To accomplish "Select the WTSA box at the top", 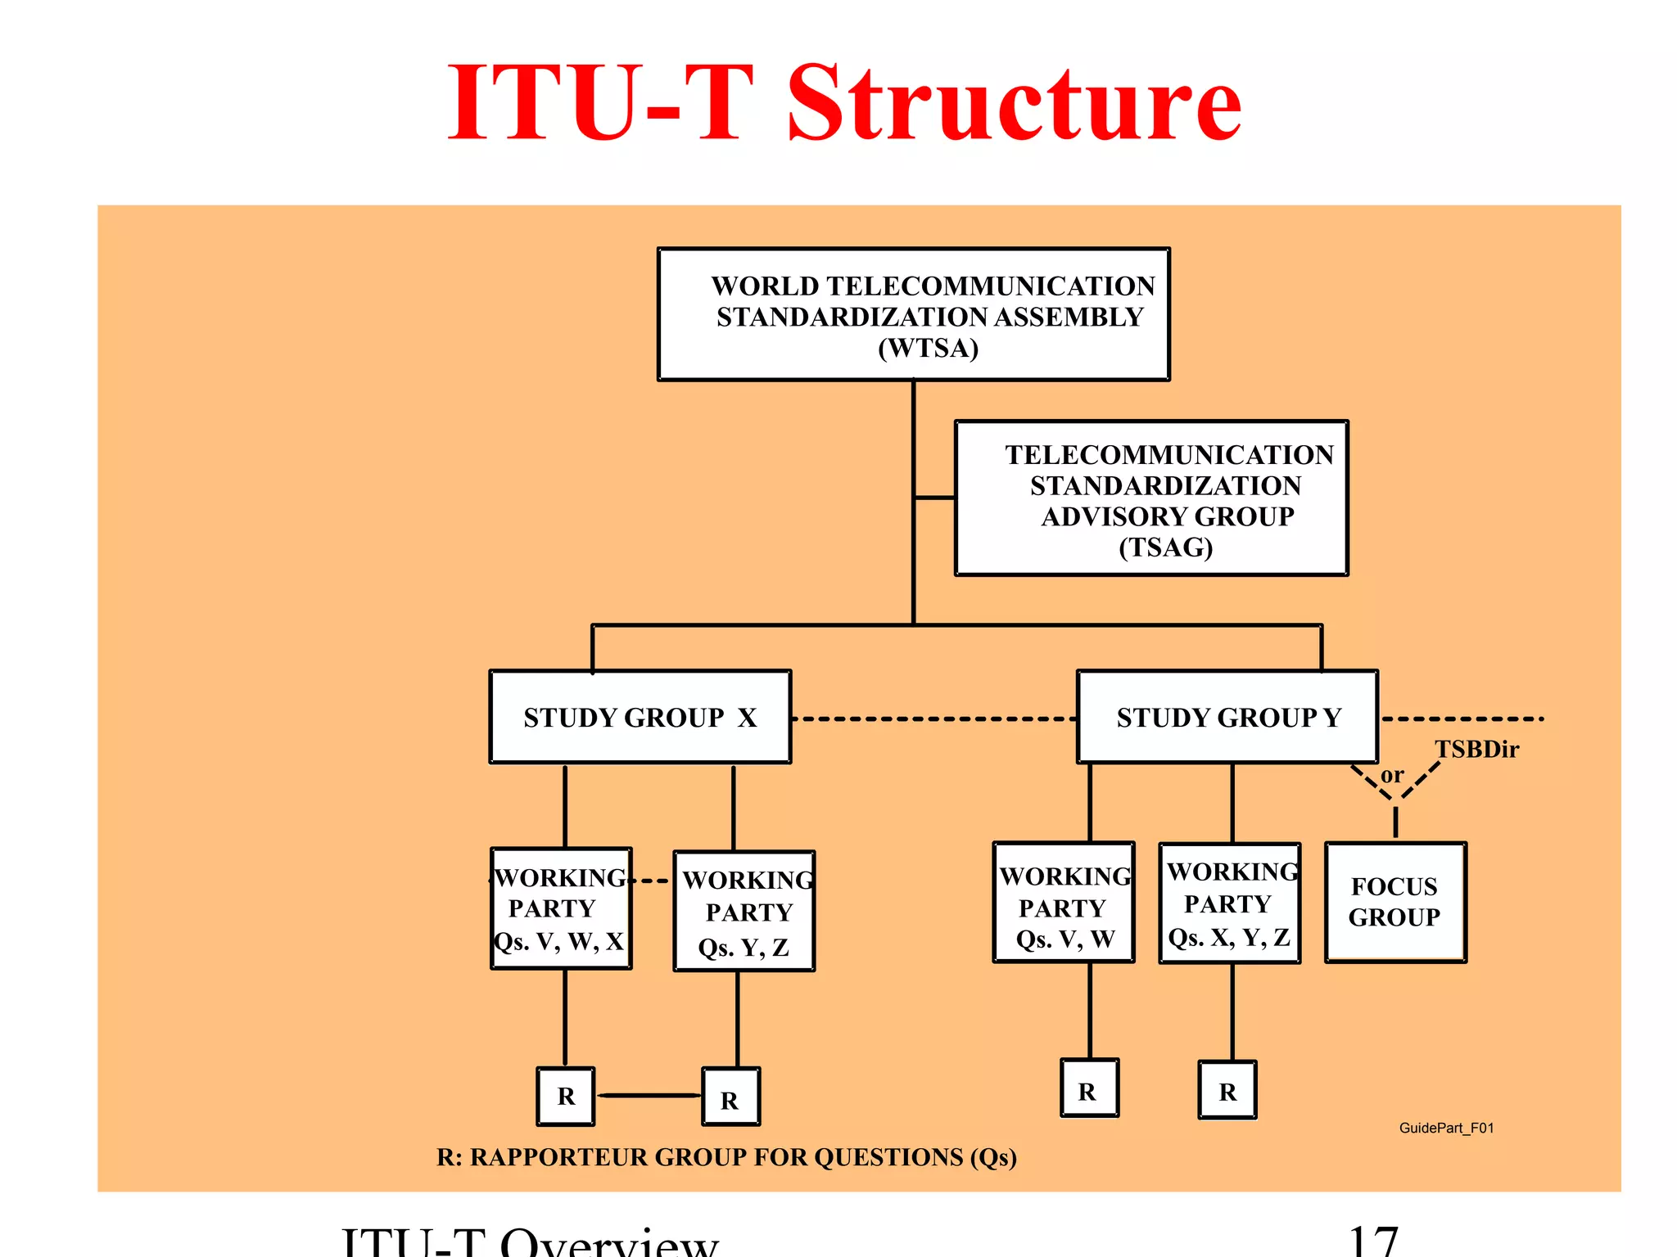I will [x=913, y=315].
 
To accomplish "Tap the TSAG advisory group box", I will [x=1150, y=498].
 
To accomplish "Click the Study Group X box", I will [x=640, y=717].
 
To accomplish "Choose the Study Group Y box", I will [x=1227, y=717].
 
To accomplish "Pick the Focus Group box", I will [x=1394, y=902].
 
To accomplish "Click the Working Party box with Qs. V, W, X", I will [x=561, y=908].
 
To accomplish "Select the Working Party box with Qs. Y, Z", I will [x=744, y=912].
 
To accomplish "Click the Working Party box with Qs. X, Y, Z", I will [x=1229, y=903].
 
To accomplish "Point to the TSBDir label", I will [x=1476, y=749].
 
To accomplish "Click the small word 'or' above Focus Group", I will [x=1391, y=774].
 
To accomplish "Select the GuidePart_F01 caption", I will [x=1446, y=1128].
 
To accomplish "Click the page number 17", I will [x=1372, y=1241].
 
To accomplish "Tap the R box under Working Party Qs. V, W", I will [x=1089, y=1089].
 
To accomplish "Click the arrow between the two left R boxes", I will [x=649, y=1095].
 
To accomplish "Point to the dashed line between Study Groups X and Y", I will [x=933, y=719].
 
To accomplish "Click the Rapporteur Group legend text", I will [x=726, y=1157].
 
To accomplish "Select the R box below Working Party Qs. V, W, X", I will [x=565, y=1096].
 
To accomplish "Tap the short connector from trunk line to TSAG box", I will [x=934, y=497].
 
